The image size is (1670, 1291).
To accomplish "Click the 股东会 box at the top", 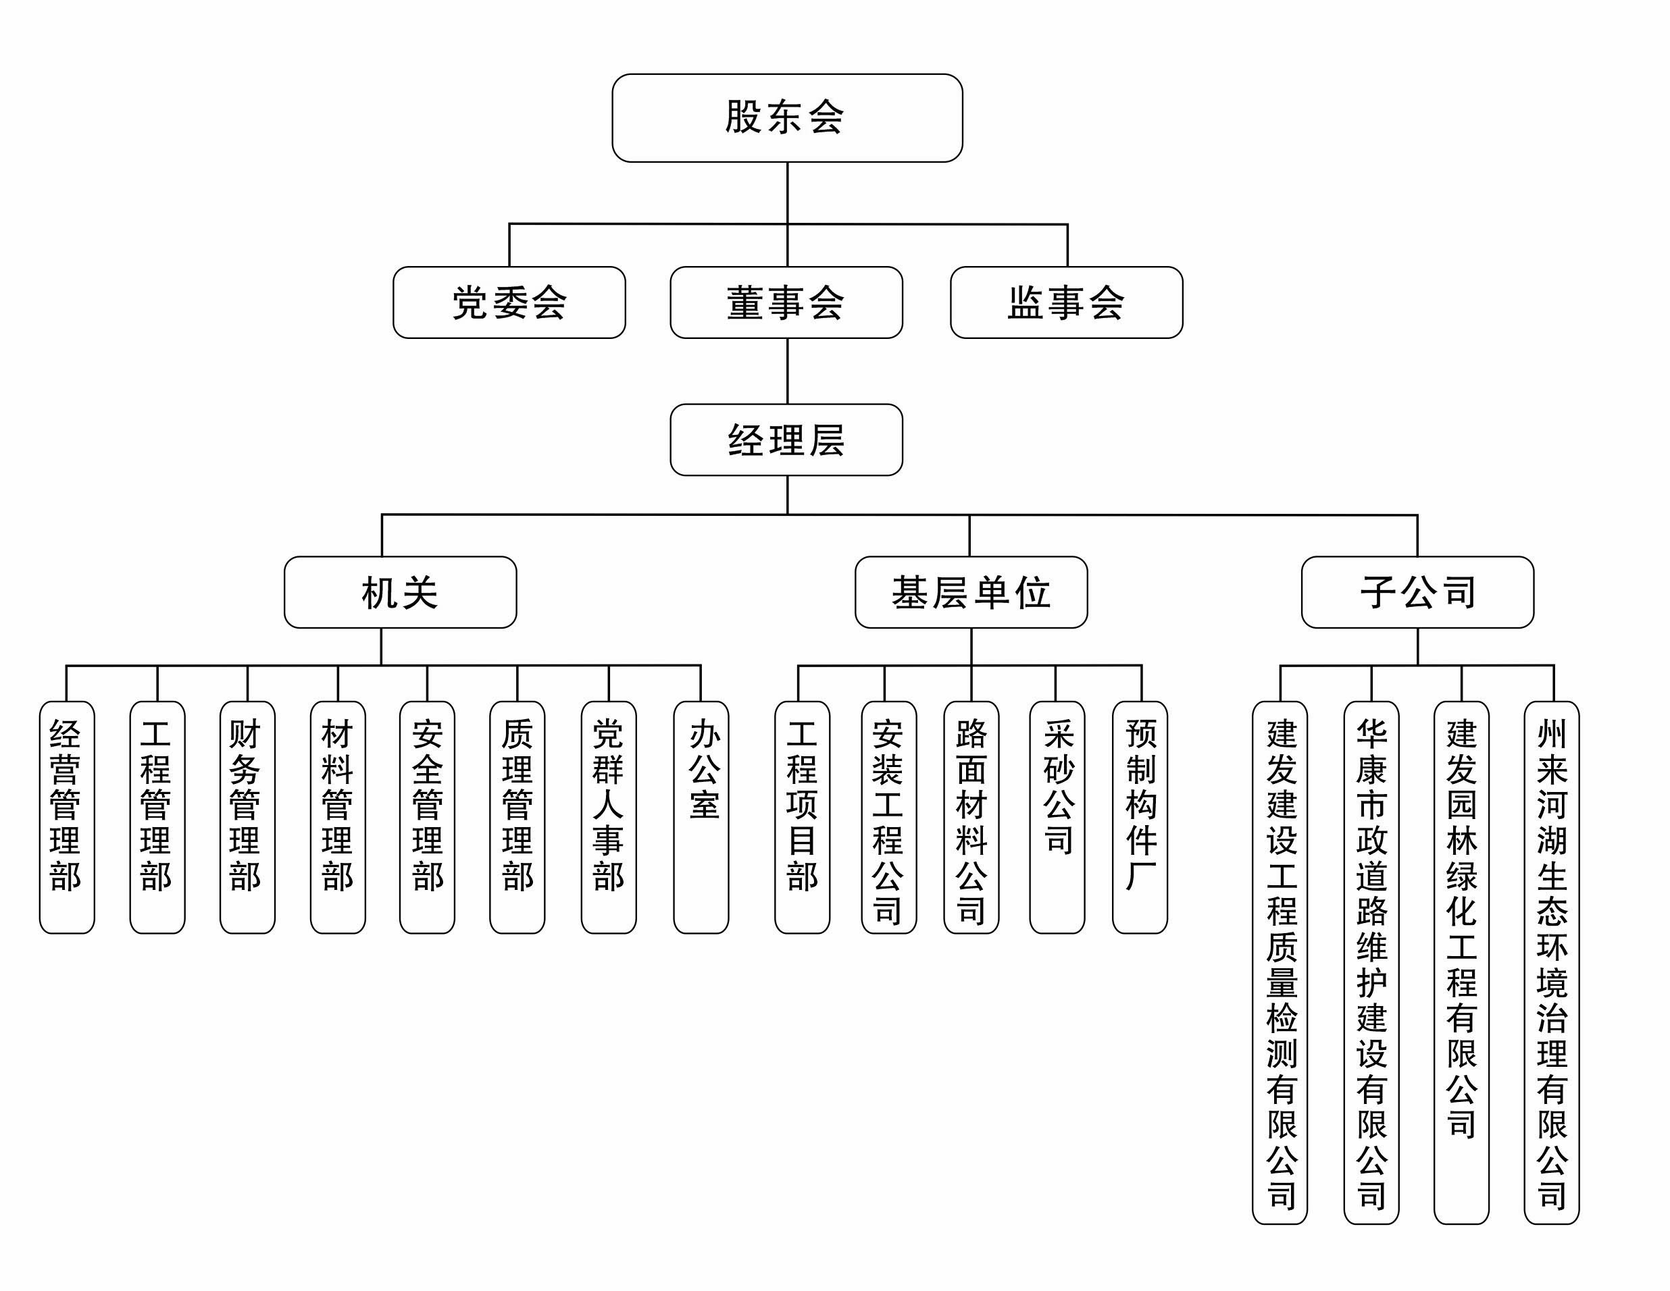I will (x=787, y=117).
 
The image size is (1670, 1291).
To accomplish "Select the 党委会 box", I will (x=509, y=302).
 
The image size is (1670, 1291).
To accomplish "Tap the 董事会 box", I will (x=786, y=302).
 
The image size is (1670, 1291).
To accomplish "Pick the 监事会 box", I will (x=1066, y=302).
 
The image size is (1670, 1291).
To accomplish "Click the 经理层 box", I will (x=786, y=440).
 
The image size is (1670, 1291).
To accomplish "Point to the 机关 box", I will (x=400, y=592).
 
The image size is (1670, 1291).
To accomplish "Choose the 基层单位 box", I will (x=971, y=592).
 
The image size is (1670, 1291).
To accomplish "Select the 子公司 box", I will (x=1417, y=592).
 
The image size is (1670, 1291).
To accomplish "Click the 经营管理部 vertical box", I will (x=66, y=817).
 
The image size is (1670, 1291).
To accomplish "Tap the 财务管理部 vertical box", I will (x=247, y=817).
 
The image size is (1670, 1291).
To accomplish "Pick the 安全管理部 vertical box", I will (x=427, y=817).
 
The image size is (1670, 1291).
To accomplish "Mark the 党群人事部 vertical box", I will (x=609, y=817).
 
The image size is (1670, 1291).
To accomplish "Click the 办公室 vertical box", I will (x=701, y=817).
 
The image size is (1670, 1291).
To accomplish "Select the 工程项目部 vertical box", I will (x=802, y=817).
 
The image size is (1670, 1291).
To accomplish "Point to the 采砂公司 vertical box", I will (x=1057, y=817).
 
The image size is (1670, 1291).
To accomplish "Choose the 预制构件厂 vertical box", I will (x=1139, y=817).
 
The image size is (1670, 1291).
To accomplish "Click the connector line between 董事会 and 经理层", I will (x=788, y=371).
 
